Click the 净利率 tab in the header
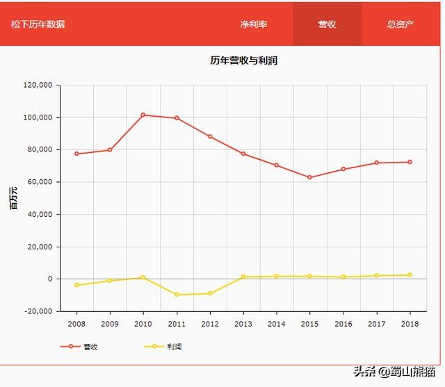coord(254,24)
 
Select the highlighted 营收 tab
coord(327,24)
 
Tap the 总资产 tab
coord(400,24)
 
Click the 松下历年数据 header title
coord(38,24)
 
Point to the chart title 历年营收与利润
coord(244,60)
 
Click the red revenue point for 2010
coord(143,115)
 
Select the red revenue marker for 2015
coord(310,177)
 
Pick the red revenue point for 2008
coord(76,154)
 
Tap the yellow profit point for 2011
coord(177,295)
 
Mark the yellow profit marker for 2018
coord(410,275)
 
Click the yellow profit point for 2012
coord(210,293)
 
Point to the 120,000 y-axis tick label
coord(38,85)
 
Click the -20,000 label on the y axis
coord(38,311)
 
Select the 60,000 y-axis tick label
coord(40,182)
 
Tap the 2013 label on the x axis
coord(243,324)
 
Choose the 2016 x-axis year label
coord(343,324)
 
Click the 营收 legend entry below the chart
coord(80,347)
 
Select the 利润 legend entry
coord(163,347)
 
